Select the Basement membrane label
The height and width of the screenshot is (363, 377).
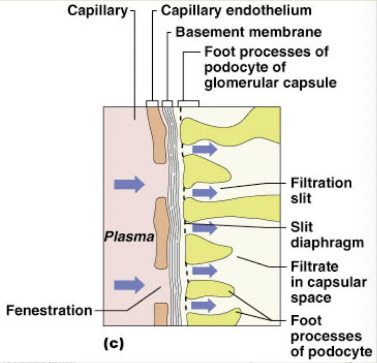coord(248,31)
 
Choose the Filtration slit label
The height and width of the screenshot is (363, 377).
coord(321,190)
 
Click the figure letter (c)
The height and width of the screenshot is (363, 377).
coord(113,343)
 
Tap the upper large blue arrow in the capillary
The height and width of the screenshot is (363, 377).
coord(129,185)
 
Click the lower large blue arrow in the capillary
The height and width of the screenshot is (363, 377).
coord(129,285)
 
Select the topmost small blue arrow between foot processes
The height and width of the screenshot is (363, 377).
coord(204,150)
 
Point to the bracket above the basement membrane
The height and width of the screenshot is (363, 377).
coord(167,102)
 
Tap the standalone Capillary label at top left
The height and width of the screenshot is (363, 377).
coord(97,10)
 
